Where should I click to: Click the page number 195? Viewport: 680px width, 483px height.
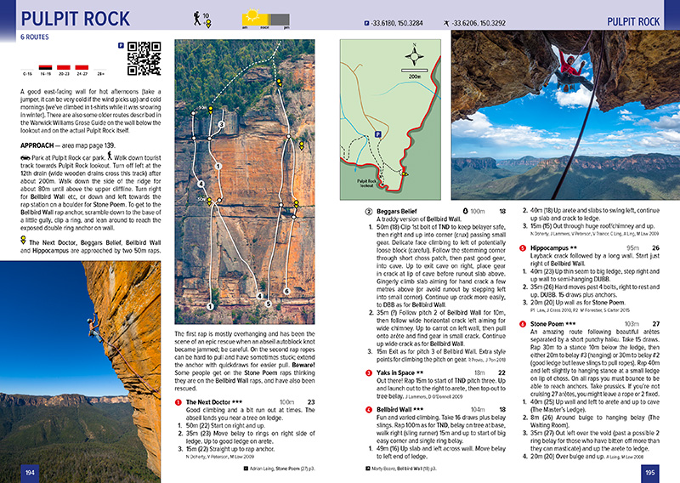click(x=649, y=471)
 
